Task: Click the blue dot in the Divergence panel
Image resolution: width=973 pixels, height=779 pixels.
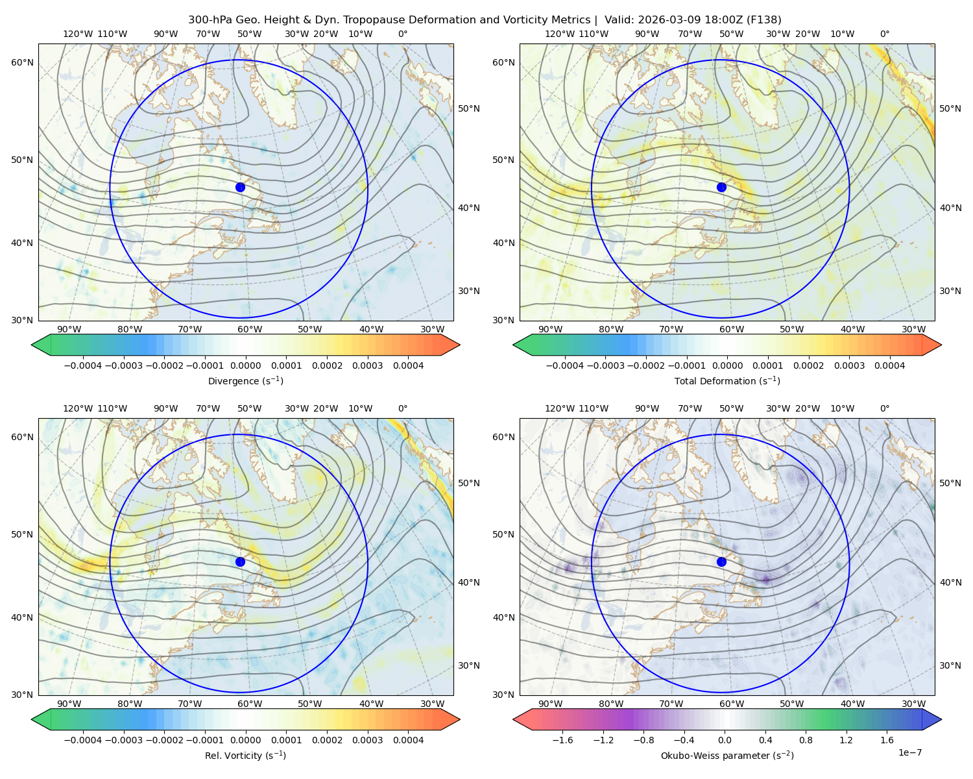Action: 240,188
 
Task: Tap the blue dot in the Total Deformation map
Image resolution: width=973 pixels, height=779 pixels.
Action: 721,188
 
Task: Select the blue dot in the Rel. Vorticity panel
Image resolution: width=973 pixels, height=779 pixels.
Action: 240,562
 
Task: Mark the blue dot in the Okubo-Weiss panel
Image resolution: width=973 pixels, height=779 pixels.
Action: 721,562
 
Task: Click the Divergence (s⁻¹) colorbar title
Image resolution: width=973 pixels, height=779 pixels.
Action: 245,381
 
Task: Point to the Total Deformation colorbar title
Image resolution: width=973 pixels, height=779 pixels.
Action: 727,381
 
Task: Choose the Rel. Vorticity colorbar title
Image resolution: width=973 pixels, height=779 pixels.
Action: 245,756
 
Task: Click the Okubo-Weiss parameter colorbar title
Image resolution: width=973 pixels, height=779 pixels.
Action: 727,756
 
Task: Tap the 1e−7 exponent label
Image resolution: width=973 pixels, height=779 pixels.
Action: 909,753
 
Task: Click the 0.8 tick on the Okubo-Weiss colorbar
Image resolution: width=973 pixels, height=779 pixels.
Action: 806,740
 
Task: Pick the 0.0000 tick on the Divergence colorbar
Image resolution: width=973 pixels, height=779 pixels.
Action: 245,365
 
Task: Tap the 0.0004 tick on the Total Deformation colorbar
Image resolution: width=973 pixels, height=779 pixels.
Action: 890,365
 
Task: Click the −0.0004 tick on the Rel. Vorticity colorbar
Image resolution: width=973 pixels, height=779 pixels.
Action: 83,740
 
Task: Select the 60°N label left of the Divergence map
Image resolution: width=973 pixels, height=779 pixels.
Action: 22,62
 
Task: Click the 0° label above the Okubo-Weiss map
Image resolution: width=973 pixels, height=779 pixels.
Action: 885,408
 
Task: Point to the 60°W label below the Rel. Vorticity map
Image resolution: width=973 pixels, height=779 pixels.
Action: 250,704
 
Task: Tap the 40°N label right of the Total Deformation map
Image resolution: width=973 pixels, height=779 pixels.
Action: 950,208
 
